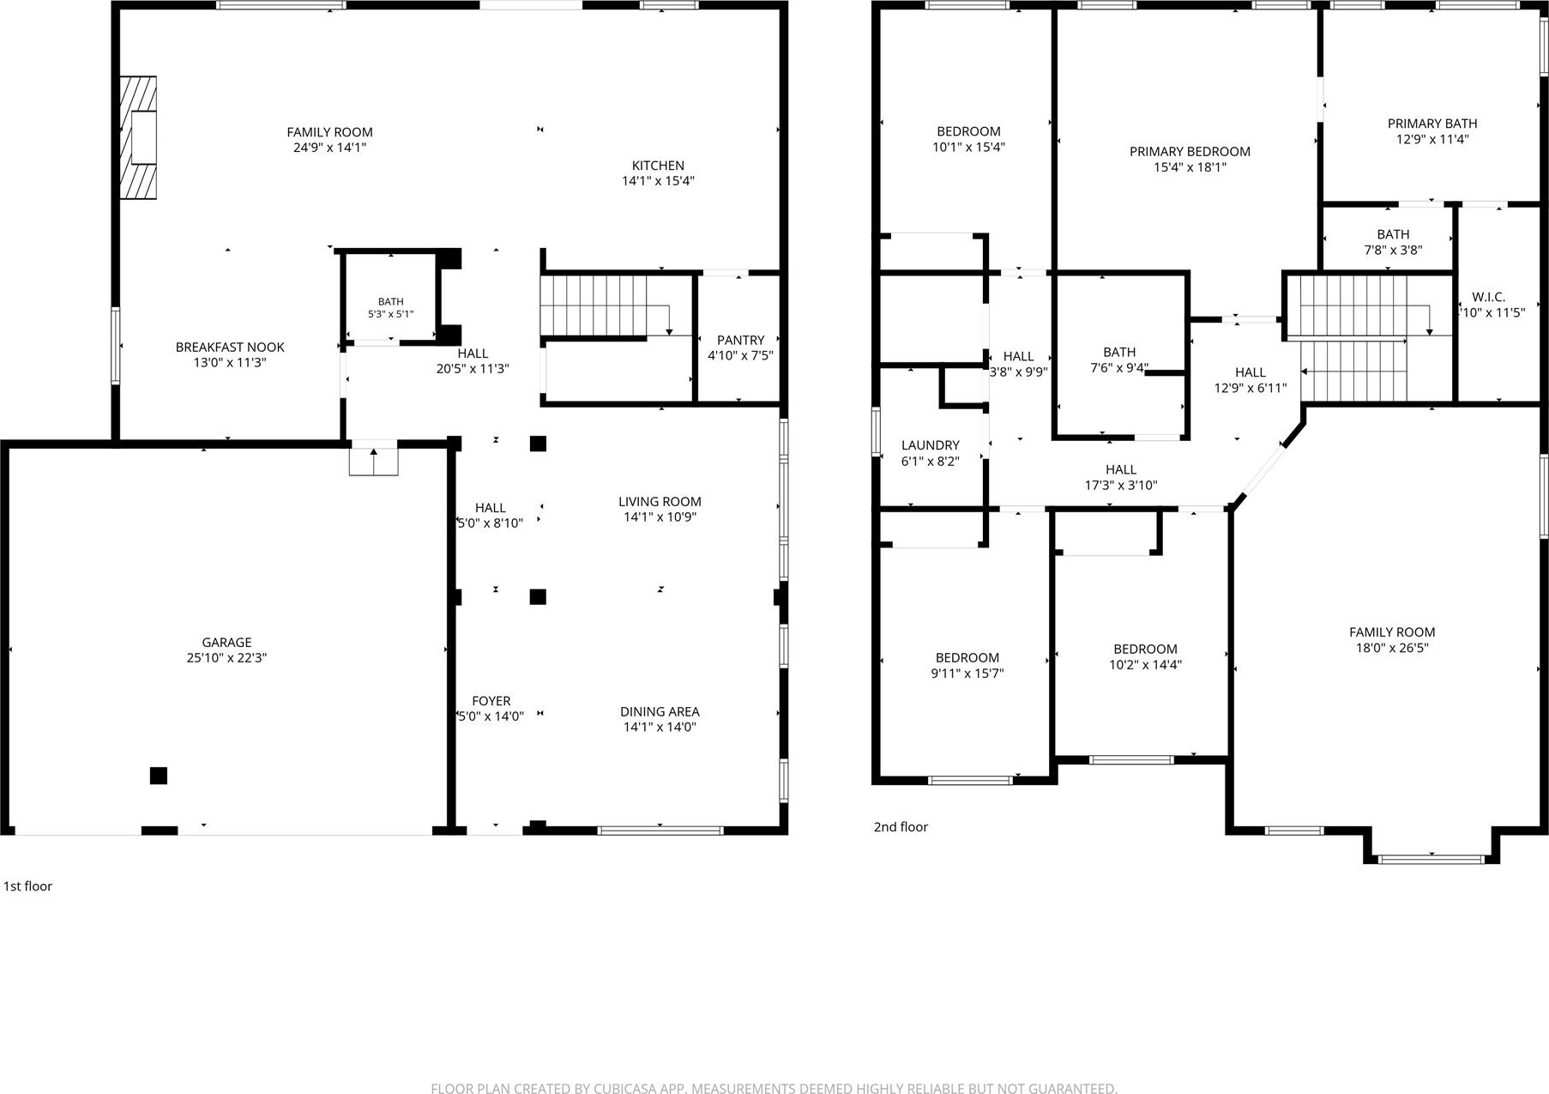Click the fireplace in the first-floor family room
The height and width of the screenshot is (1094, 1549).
(138, 138)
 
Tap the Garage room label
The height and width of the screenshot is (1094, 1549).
(226, 642)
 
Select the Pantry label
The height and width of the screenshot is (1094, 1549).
(740, 340)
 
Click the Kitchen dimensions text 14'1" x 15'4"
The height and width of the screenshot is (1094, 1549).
(658, 181)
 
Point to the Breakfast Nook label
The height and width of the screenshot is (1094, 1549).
(230, 347)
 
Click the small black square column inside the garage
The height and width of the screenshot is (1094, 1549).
(158, 776)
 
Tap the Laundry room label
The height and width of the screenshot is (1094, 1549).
(931, 445)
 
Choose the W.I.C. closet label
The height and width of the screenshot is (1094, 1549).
(1489, 297)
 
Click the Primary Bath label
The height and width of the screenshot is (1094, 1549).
(1432, 124)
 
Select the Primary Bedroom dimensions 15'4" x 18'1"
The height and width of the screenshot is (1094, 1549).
(1190, 167)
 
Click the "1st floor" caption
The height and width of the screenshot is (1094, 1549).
(28, 886)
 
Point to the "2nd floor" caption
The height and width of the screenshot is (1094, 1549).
(901, 827)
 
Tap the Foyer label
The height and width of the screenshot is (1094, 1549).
(491, 701)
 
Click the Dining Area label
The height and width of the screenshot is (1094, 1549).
(660, 711)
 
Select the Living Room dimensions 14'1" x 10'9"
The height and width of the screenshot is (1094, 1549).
(660, 517)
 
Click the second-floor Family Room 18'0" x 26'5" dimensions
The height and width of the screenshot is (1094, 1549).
(1392, 648)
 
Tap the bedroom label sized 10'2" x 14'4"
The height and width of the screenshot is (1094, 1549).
(1145, 649)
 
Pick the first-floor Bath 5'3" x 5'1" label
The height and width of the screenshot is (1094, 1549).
(390, 302)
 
